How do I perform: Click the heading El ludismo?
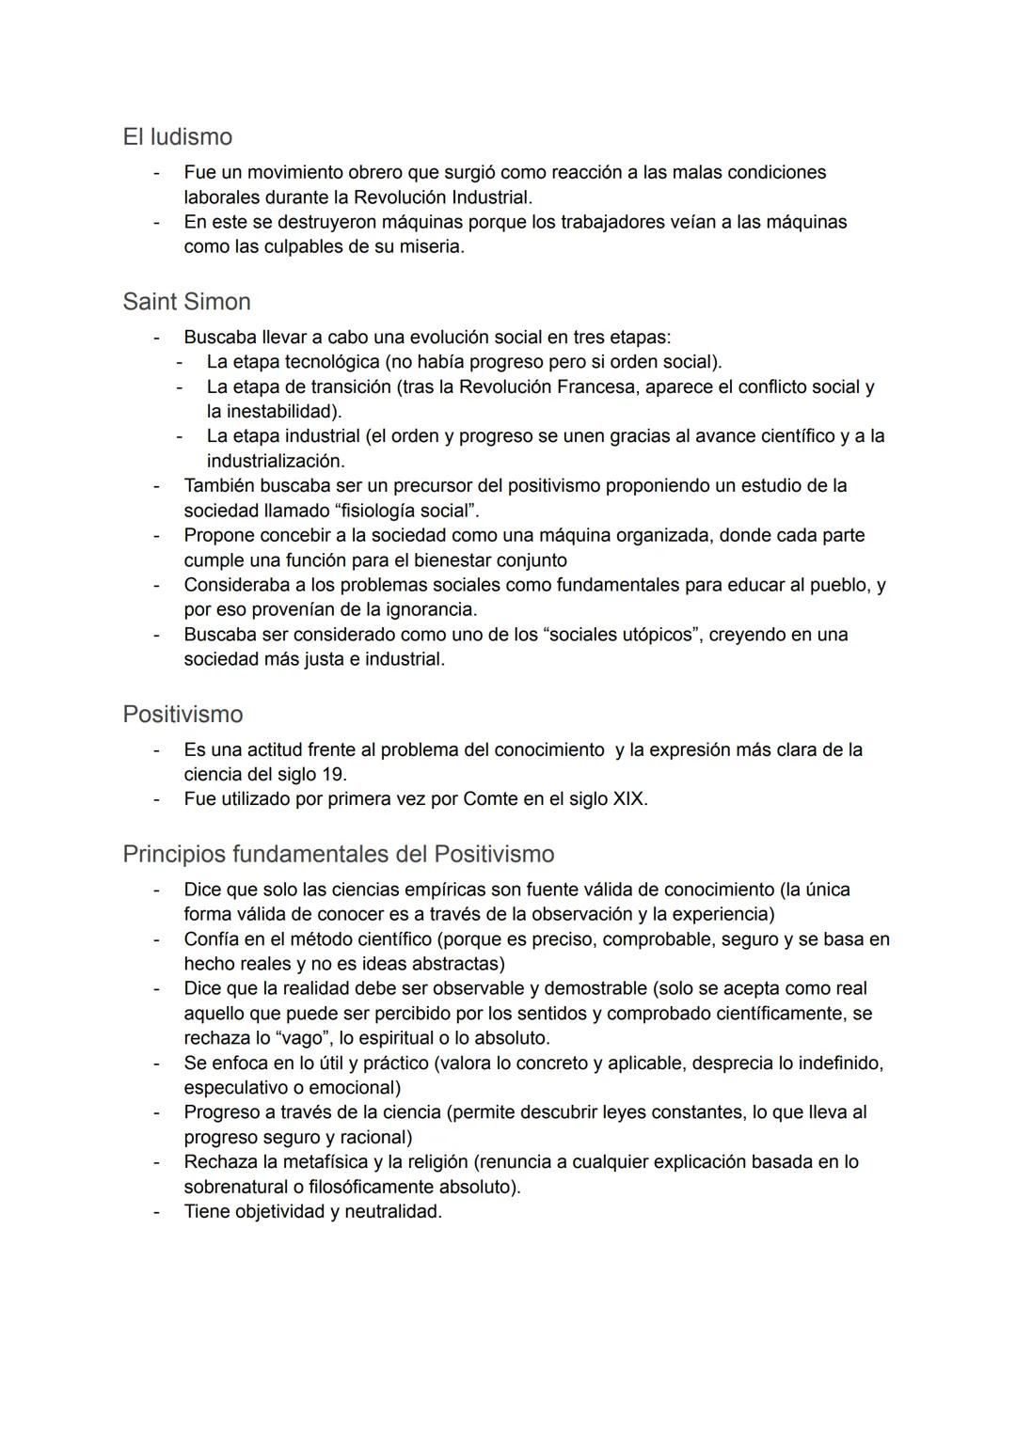click(177, 137)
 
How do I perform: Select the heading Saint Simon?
click(186, 302)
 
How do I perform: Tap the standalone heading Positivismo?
click(183, 715)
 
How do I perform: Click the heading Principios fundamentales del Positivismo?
click(338, 854)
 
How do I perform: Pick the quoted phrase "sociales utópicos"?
click(622, 635)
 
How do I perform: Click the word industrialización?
click(275, 462)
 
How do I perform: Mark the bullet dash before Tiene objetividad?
click(157, 1212)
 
